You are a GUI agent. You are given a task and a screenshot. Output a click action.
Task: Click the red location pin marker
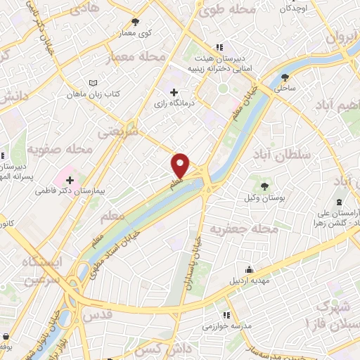click(x=181, y=165)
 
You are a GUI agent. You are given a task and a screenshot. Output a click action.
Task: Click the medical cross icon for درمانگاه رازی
click(x=174, y=92)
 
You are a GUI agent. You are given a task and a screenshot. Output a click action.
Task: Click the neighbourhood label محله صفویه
click(x=60, y=150)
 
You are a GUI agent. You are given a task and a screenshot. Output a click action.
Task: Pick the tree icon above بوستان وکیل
click(x=264, y=186)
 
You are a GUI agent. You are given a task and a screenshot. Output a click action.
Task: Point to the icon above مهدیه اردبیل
click(x=249, y=269)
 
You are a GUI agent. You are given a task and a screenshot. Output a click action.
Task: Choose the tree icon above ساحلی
click(x=285, y=77)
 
